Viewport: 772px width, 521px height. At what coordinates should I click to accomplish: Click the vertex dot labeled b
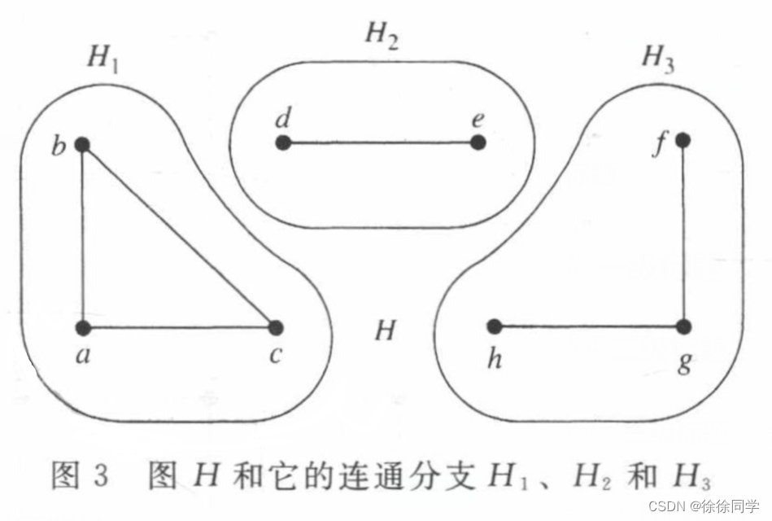coord(82,145)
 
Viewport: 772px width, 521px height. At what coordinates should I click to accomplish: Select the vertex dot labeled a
coord(83,328)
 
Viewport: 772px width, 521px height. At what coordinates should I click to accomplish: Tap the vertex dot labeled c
coord(276,327)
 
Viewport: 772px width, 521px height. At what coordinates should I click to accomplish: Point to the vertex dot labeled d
coord(283,143)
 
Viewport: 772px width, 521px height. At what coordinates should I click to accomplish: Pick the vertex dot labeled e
coord(478,142)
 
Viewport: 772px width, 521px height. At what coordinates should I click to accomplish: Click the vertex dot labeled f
coord(683,140)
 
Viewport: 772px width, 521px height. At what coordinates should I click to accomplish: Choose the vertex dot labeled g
coord(683,327)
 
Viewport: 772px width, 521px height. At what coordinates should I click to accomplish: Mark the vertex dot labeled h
coord(494,326)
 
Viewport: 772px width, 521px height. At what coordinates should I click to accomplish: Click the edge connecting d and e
coord(381,143)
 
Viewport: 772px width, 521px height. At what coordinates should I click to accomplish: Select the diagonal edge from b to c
coord(179,236)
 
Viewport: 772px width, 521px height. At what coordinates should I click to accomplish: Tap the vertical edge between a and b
coord(83,236)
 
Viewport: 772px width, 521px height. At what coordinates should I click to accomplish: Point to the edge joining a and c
coord(179,328)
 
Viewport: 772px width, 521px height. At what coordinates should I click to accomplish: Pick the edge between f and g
coord(683,234)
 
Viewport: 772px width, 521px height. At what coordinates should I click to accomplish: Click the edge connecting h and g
coord(588,327)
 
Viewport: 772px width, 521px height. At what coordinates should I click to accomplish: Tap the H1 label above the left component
coord(102,58)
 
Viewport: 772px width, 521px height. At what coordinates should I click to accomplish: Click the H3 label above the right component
coord(657,58)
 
